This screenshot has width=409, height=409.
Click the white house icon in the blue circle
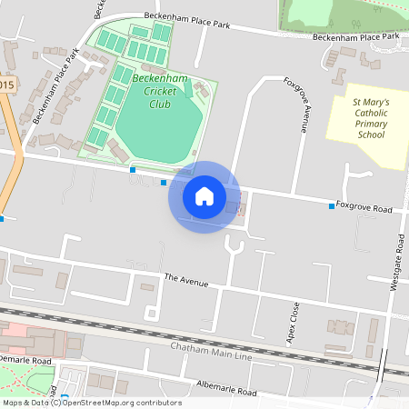coord(204,196)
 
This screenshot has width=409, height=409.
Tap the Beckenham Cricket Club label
coord(159,91)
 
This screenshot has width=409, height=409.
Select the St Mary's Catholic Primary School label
coord(371,119)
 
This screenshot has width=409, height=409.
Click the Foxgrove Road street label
coord(364,208)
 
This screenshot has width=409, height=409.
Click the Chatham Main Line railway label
coord(211,350)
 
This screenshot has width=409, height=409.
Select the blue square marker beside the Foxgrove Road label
coord(331,206)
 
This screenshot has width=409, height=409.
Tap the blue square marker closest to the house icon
coord(164,183)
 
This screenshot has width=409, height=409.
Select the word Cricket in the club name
coord(159,91)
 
